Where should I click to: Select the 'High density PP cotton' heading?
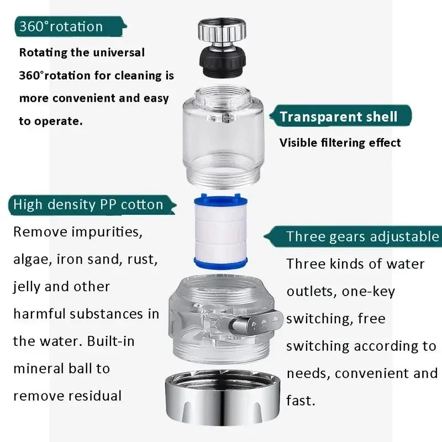(88, 204)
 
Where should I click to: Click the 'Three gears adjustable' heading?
(362, 236)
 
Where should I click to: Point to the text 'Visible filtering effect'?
(340, 143)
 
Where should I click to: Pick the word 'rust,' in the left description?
(140, 259)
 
